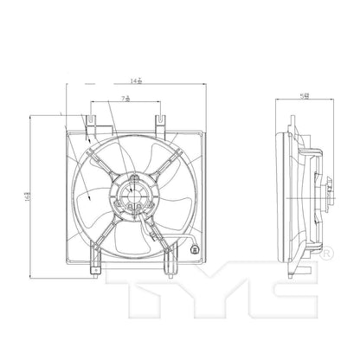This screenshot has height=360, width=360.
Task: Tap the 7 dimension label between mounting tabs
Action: tap(128, 100)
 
